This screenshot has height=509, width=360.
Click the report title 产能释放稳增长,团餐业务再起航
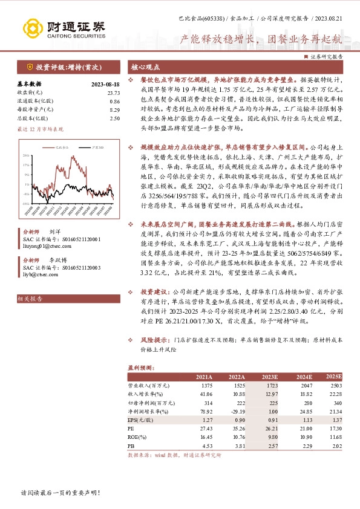click(261, 39)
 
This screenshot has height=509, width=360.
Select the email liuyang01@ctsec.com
click(45, 245)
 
